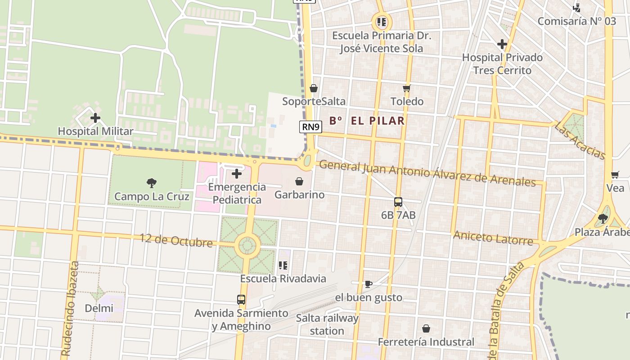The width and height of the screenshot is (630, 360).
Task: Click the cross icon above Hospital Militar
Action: [95, 118]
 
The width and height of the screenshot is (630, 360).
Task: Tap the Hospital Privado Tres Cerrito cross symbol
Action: [502, 44]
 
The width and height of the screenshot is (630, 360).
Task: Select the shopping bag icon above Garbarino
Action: [299, 181]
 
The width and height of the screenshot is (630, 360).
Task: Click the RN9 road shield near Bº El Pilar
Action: [311, 127]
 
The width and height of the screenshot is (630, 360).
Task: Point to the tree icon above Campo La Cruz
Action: [152, 183]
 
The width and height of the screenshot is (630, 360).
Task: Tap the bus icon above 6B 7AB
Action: [398, 202]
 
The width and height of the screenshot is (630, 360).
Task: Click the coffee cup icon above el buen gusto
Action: [368, 284]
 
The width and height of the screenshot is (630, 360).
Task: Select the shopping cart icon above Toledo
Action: [407, 88]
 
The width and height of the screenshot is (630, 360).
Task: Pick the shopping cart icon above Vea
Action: [615, 175]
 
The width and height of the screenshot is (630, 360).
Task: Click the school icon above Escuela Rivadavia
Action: [283, 265]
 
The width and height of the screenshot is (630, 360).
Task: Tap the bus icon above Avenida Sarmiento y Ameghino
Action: [241, 299]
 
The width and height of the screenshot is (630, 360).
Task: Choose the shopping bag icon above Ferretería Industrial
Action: [426, 329]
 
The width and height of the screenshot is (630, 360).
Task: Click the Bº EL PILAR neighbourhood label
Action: [367, 121]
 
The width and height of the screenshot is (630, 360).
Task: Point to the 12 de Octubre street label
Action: [176, 240]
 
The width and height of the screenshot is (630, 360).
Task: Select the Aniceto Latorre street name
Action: [493, 238]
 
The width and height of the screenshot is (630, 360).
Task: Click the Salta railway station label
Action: [327, 324]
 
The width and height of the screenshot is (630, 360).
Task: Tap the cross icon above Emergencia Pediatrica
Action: [237, 174]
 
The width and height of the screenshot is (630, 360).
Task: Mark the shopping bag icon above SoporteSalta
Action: [314, 88]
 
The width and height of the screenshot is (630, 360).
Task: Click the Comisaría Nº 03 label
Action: [576, 21]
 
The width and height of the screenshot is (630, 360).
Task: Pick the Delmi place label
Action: [99, 308]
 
